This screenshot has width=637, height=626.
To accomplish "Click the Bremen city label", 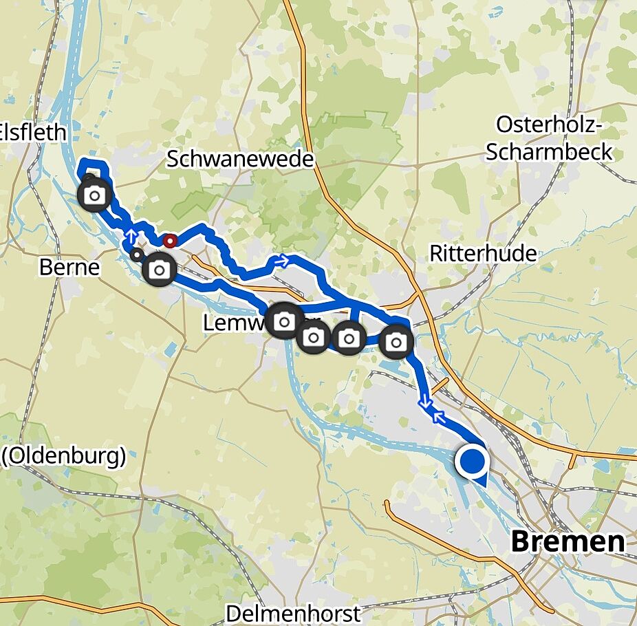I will coord(568,541).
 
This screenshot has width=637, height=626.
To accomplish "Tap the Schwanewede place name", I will coord(240,160).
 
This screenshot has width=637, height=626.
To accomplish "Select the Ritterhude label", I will coord(483,253).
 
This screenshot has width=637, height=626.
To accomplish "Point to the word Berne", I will coord(69,267).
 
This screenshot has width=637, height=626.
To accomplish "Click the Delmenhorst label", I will coord(293,613).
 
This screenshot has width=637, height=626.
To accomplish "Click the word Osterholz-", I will coord(549,125).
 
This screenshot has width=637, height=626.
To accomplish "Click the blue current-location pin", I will coord(472,462).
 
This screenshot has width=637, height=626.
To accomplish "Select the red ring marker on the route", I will coord(170,241).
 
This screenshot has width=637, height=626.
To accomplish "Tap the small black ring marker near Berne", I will coord(137,255).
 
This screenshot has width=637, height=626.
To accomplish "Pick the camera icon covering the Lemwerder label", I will coord(284,320).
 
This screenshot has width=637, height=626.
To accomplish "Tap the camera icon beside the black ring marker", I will coord(160,269).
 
